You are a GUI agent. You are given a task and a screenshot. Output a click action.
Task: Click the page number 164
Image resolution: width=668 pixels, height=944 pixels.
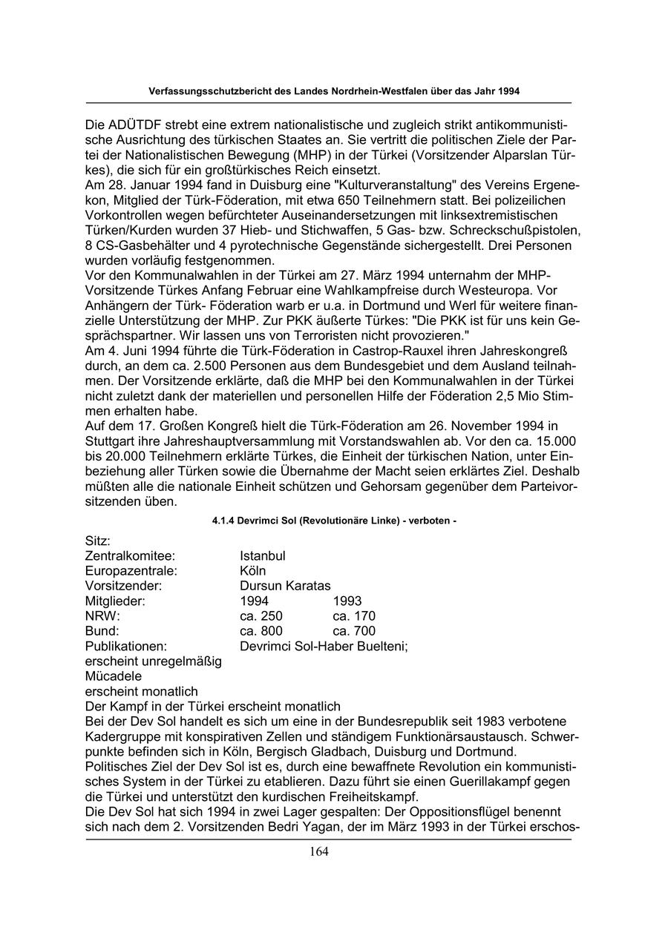click(319, 851)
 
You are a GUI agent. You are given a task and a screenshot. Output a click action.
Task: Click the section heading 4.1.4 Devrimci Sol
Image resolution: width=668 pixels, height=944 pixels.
click(334, 521)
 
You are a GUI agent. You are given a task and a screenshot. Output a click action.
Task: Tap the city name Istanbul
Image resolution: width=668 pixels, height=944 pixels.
click(263, 556)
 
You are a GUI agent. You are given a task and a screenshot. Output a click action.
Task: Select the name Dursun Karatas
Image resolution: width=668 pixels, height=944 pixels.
click(285, 586)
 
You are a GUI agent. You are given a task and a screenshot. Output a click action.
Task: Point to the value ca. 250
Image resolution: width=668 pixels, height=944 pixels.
click(261, 616)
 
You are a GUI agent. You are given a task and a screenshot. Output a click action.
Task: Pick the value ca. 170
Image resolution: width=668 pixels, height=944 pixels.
click(354, 616)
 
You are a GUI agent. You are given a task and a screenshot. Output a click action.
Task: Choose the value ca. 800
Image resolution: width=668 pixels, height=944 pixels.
click(261, 632)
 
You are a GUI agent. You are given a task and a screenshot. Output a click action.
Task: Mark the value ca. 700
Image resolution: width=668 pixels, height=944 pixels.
click(354, 632)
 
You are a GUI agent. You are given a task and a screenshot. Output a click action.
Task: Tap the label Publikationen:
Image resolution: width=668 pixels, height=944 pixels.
click(126, 647)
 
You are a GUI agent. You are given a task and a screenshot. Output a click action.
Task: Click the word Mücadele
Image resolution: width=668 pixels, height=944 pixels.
click(114, 676)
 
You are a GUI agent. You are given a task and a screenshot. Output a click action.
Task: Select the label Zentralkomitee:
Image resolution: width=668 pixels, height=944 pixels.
click(130, 556)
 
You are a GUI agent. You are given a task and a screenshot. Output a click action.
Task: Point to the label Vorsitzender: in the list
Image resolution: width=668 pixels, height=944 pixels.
click(123, 586)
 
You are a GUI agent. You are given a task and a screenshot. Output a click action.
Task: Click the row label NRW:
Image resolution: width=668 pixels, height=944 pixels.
click(102, 616)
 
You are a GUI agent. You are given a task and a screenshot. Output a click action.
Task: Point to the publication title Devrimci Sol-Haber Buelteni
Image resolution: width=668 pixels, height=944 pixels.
click(324, 647)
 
